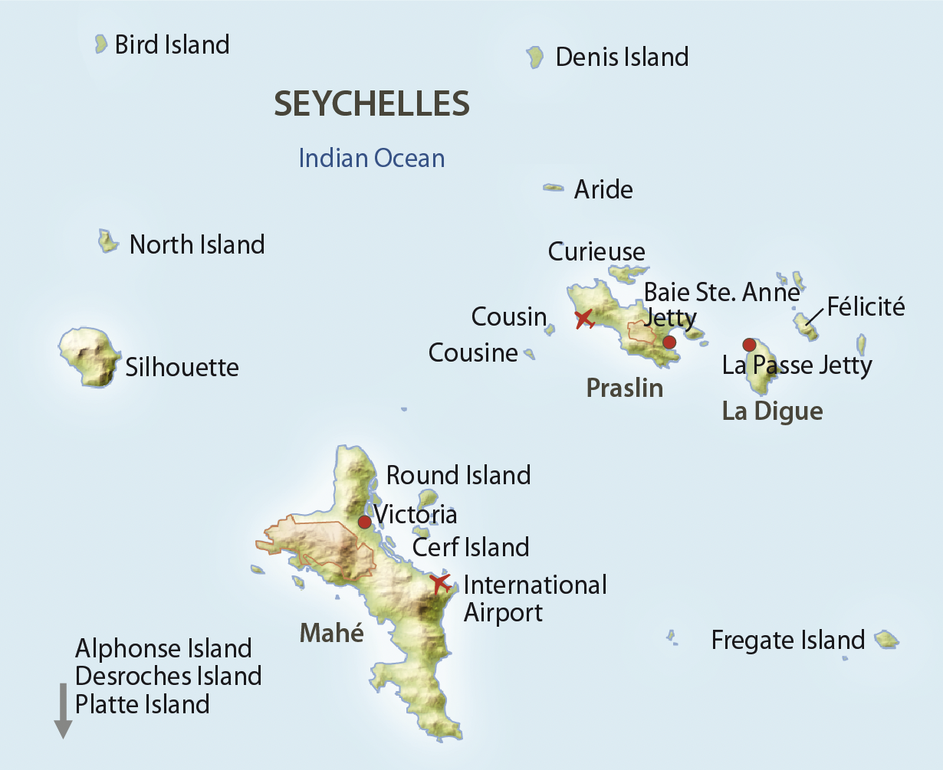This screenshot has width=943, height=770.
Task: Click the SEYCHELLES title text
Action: click(372, 104)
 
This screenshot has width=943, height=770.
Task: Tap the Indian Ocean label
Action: click(372, 159)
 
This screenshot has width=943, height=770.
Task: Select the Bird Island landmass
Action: click(100, 44)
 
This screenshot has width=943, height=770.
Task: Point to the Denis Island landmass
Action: click(535, 57)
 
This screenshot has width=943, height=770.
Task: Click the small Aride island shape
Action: click(553, 188)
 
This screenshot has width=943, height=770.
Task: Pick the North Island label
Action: click(197, 244)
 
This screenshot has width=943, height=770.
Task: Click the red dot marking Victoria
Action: click(365, 522)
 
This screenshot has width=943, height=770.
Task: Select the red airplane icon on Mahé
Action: click(439, 583)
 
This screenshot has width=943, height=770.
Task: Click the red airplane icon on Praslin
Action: click(584, 318)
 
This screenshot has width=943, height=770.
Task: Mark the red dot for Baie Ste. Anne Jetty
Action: click(669, 342)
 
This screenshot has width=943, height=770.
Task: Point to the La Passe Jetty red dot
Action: click(749, 345)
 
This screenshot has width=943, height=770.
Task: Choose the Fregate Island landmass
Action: click(886, 639)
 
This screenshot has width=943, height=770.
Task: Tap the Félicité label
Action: click(866, 307)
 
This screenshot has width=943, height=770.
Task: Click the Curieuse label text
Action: click(596, 251)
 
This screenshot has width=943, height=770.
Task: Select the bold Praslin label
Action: click(625, 388)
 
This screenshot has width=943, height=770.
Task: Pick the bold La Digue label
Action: click(773, 411)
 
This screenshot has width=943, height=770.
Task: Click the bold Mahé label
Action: click(332, 633)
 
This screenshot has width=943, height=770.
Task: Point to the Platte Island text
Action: click(143, 704)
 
